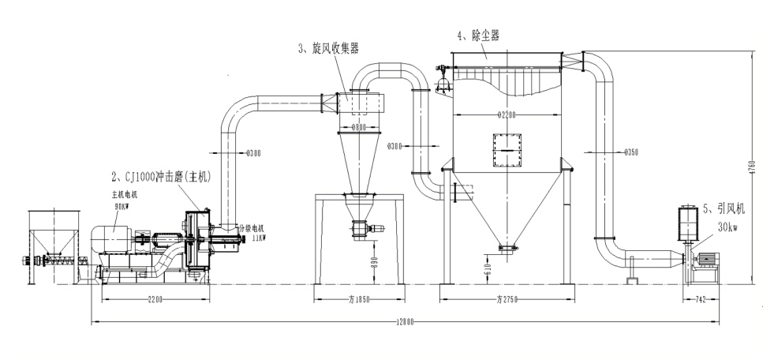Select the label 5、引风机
pyautogui.click(x=723, y=209)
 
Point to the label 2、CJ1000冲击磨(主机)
pyautogui.click(x=161, y=177)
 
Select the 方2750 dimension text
pyautogui.click(x=506, y=300)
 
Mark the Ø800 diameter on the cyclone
pyautogui.click(x=359, y=126)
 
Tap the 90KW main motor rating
pyautogui.click(x=120, y=205)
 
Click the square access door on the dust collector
pyautogui.click(x=507, y=151)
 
